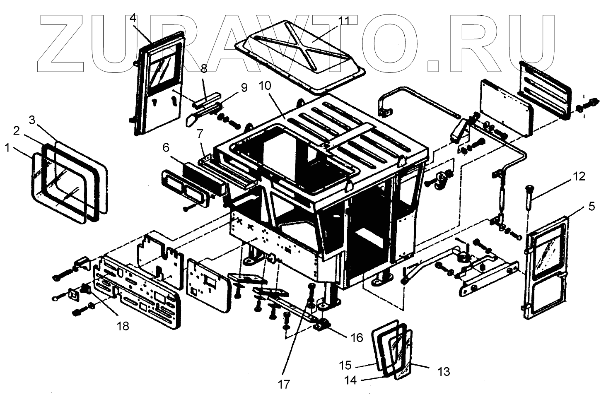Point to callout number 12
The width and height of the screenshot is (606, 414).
coord(579,177)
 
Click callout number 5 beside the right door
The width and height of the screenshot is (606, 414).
coord(591,206)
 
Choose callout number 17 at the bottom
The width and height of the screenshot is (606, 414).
coord(284,384)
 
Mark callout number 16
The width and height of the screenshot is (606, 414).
coord(357,338)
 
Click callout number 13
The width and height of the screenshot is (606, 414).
coord(444,372)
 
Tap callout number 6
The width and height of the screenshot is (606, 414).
coord(166,148)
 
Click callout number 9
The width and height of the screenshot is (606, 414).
coord(244,88)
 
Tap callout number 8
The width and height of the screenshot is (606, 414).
coord(204,69)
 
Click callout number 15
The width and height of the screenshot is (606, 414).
coord(345,366)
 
